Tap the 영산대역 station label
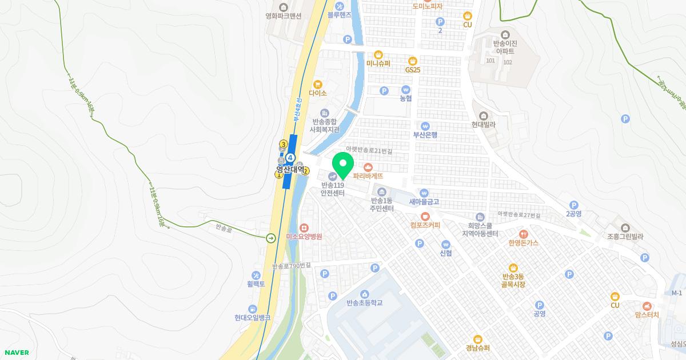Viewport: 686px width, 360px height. tap(290, 170)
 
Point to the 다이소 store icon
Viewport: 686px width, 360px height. tap(317, 83)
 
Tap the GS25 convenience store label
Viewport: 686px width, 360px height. tap(413, 70)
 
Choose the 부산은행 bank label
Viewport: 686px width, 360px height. tap(425, 135)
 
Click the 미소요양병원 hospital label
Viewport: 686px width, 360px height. tap(304, 236)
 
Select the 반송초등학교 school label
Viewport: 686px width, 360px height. tap(364, 303)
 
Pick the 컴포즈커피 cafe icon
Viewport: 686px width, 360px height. tap(425, 216)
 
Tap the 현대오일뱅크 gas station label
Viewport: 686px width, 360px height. tap(252, 318)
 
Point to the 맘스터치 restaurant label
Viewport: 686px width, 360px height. tap(647, 315)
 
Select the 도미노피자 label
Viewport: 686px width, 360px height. tap(428, 6)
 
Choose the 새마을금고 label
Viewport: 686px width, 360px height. tap(424, 201)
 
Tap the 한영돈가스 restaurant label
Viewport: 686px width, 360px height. tap(523, 243)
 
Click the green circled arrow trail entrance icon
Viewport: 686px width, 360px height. tap(270, 238)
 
